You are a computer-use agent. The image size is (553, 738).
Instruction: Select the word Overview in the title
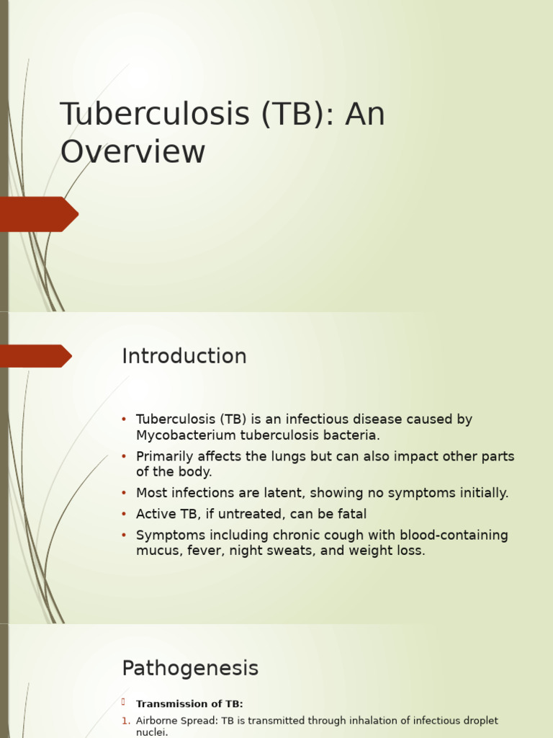132,153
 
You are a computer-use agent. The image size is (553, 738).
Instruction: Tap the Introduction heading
184,357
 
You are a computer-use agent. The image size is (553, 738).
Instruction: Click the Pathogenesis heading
190,669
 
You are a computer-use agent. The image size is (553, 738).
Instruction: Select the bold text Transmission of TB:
189,704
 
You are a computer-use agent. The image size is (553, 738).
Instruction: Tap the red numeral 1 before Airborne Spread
125,721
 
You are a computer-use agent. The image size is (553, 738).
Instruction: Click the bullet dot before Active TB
124,514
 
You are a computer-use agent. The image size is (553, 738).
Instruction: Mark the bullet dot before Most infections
124,493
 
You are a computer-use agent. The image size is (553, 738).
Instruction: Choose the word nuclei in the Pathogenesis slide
151,732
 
